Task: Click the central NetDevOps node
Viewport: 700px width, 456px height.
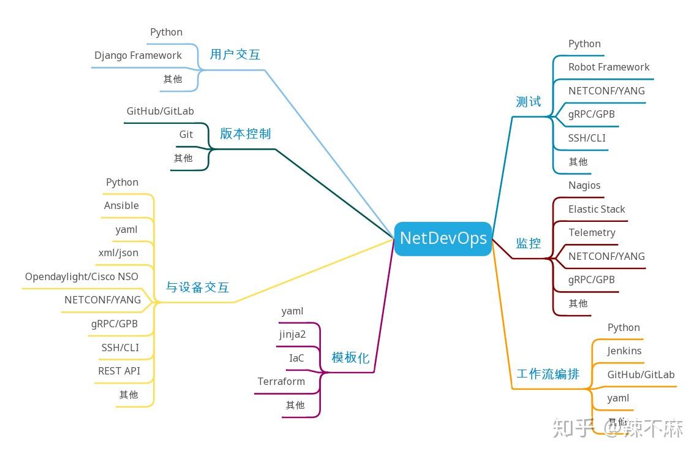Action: coord(443,238)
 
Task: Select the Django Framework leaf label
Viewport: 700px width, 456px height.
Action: coord(138,56)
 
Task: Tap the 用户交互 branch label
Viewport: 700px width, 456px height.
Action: coord(235,55)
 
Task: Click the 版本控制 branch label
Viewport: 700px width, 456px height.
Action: coord(245,134)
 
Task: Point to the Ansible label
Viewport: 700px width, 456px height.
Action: coord(121,206)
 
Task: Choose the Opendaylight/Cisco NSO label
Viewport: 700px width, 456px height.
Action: coord(81,277)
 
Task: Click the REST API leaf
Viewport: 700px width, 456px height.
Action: coord(119,371)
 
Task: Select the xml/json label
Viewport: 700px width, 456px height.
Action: coord(118,253)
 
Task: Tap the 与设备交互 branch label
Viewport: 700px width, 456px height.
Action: coord(197,287)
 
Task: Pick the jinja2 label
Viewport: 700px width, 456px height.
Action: coord(292,335)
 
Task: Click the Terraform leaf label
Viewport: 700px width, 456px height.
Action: coord(281,382)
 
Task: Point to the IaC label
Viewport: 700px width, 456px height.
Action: coord(296,359)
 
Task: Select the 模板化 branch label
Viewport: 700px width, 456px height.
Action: coord(350,358)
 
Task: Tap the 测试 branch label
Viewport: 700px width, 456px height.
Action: coord(528,102)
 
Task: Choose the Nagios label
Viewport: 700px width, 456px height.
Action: coord(584,186)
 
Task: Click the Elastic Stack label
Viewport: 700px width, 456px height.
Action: coord(597,210)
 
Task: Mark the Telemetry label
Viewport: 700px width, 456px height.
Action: coord(592,233)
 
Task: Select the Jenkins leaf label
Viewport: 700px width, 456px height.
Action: coord(624,351)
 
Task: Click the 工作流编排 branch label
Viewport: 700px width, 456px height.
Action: coord(548,374)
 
